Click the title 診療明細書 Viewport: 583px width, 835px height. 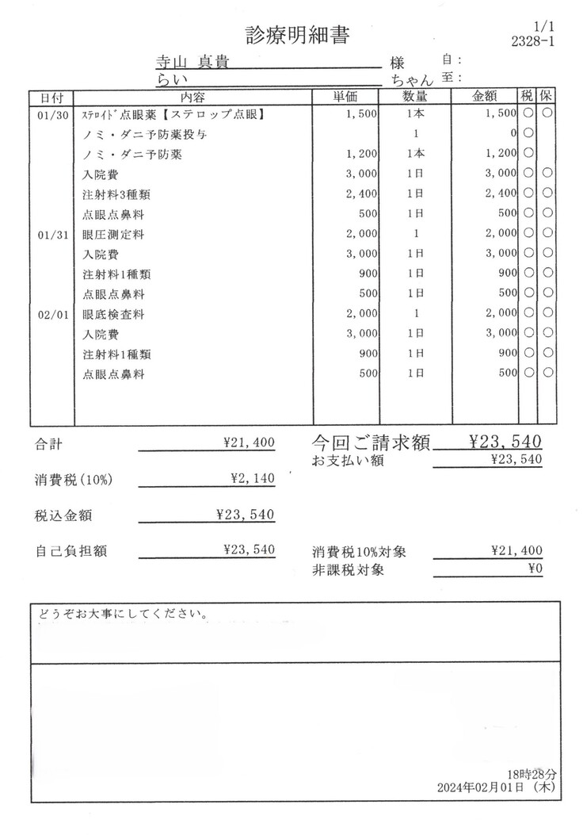coord(298,35)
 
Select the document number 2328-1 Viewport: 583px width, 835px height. coord(533,42)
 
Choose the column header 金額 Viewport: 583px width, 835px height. coord(484,98)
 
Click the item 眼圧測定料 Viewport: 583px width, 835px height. coord(113,236)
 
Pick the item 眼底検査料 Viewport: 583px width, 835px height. coord(113,315)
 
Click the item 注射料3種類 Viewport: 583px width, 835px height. coord(117,195)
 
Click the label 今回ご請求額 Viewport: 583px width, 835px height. coord(371,443)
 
